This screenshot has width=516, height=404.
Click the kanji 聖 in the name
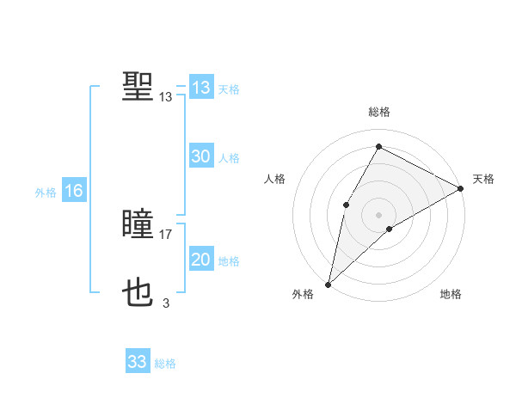[138, 87]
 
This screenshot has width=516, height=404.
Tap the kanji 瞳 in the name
[138, 226]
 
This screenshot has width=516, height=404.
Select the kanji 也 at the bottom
[138, 293]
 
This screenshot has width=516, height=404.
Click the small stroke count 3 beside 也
[166, 303]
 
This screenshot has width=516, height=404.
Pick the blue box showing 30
[201, 156]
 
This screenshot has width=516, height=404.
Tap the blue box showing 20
[201, 260]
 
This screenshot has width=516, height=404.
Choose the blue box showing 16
[74, 191]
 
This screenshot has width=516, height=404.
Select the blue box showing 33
[138, 362]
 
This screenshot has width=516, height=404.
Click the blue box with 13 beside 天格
[201, 88]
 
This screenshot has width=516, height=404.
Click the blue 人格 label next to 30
[229, 158]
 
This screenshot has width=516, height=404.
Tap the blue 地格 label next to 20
[229, 261]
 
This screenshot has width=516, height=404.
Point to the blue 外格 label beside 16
[46, 193]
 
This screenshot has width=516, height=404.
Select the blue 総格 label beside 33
[165, 364]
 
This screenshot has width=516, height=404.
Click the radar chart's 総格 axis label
[379, 112]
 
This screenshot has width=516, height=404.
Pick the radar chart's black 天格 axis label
[483, 179]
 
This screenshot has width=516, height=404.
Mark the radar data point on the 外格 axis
[329, 284]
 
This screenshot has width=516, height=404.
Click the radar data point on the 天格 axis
[461, 188]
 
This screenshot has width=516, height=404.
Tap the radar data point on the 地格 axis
[390, 229]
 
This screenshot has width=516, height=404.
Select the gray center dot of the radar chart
[378, 215]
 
